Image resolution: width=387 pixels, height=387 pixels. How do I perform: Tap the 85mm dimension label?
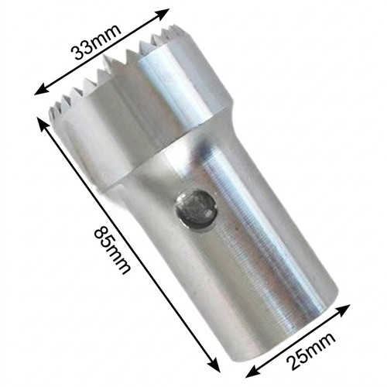pyautogui.click(x=112, y=250)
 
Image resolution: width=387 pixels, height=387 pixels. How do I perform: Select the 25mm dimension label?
pyautogui.click(x=311, y=352)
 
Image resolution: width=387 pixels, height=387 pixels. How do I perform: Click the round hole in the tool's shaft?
pyautogui.click(x=196, y=210)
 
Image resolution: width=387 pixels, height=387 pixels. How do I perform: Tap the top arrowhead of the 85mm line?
pyautogui.click(x=43, y=125)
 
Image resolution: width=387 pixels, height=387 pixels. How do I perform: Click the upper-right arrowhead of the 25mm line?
pyautogui.click(x=342, y=310)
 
